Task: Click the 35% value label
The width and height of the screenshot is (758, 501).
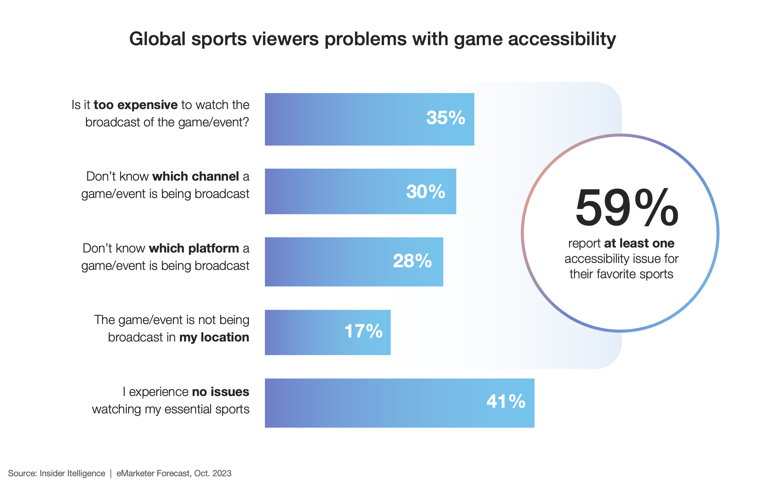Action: coord(445,118)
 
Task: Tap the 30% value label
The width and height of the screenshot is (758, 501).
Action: coord(425,192)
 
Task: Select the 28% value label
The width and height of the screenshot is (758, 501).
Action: coord(412,261)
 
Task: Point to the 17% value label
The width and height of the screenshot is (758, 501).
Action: coord(363,331)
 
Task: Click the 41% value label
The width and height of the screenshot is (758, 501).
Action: coord(506,401)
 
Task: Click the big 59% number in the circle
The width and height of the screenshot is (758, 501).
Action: coord(627,208)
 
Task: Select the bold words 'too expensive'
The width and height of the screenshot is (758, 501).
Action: coord(135,105)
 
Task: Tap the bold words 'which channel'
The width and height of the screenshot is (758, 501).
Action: coord(196,176)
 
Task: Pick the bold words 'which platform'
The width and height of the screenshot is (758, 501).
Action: coord(194,248)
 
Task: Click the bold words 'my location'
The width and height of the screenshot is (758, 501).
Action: coord(214,337)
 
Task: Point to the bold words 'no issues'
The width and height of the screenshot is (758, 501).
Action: coord(220,392)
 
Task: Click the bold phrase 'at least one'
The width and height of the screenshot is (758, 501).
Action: coord(639,243)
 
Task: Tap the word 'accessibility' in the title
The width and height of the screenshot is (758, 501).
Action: coord(562,39)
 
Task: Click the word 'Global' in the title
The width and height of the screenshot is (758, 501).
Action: coord(157,39)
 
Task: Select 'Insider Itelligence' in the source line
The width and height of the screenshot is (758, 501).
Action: coord(72,473)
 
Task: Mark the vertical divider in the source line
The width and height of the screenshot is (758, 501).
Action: coord(111,473)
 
